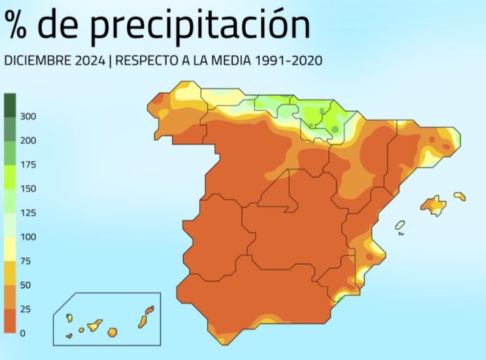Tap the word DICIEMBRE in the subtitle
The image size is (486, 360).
(x=34, y=61)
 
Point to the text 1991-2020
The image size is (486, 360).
(x=288, y=61)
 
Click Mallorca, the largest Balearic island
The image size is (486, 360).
(x=433, y=205)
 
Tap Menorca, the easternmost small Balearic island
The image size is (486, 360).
(x=459, y=196)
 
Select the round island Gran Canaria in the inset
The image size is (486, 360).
(x=112, y=332)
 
